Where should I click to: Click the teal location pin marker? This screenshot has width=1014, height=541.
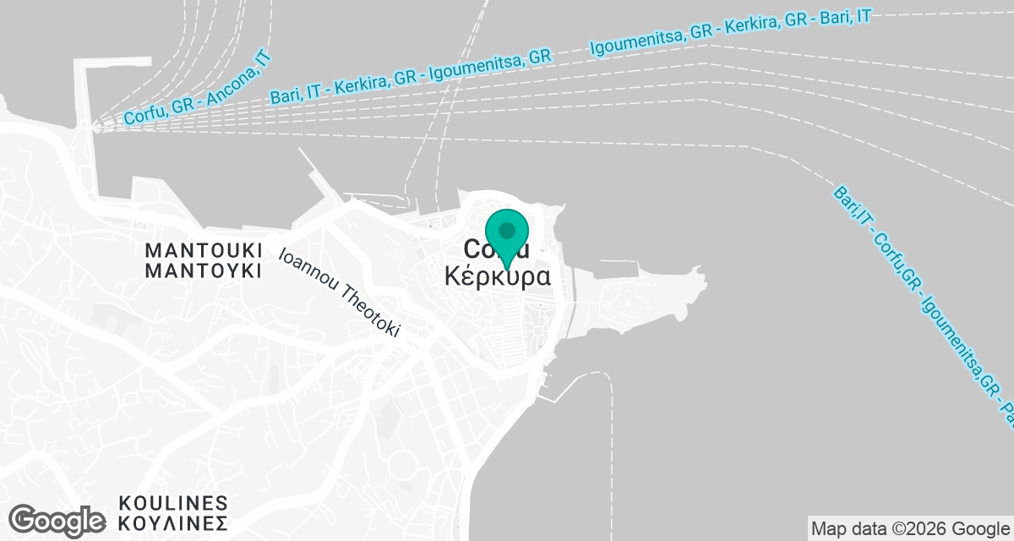[507, 238]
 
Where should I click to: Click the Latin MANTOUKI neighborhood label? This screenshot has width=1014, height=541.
[204, 251]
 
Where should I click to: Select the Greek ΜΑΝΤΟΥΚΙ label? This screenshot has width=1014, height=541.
[204, 270]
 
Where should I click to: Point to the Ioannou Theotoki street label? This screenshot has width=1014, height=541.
[339, 292]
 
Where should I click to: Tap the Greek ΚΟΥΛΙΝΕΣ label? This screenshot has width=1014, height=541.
[173, 522]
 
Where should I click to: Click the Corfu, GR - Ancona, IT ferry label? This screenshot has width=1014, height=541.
[196, 87]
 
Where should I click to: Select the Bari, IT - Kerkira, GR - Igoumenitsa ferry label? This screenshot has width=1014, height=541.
[411, 77]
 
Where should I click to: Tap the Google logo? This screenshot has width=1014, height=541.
[57, 520]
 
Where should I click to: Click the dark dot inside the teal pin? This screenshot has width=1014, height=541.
[507, 230]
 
